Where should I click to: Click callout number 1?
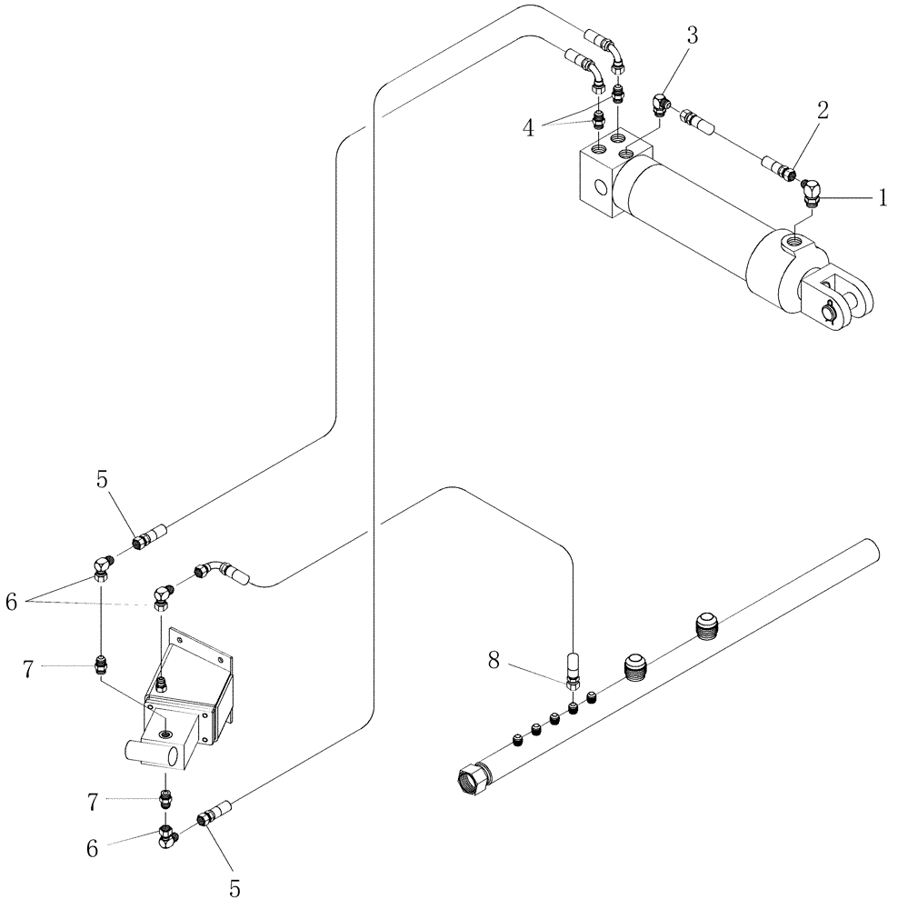tap(881, 197)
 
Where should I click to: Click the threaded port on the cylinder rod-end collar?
tap(795, 241)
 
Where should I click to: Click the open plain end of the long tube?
tap(871, 548)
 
